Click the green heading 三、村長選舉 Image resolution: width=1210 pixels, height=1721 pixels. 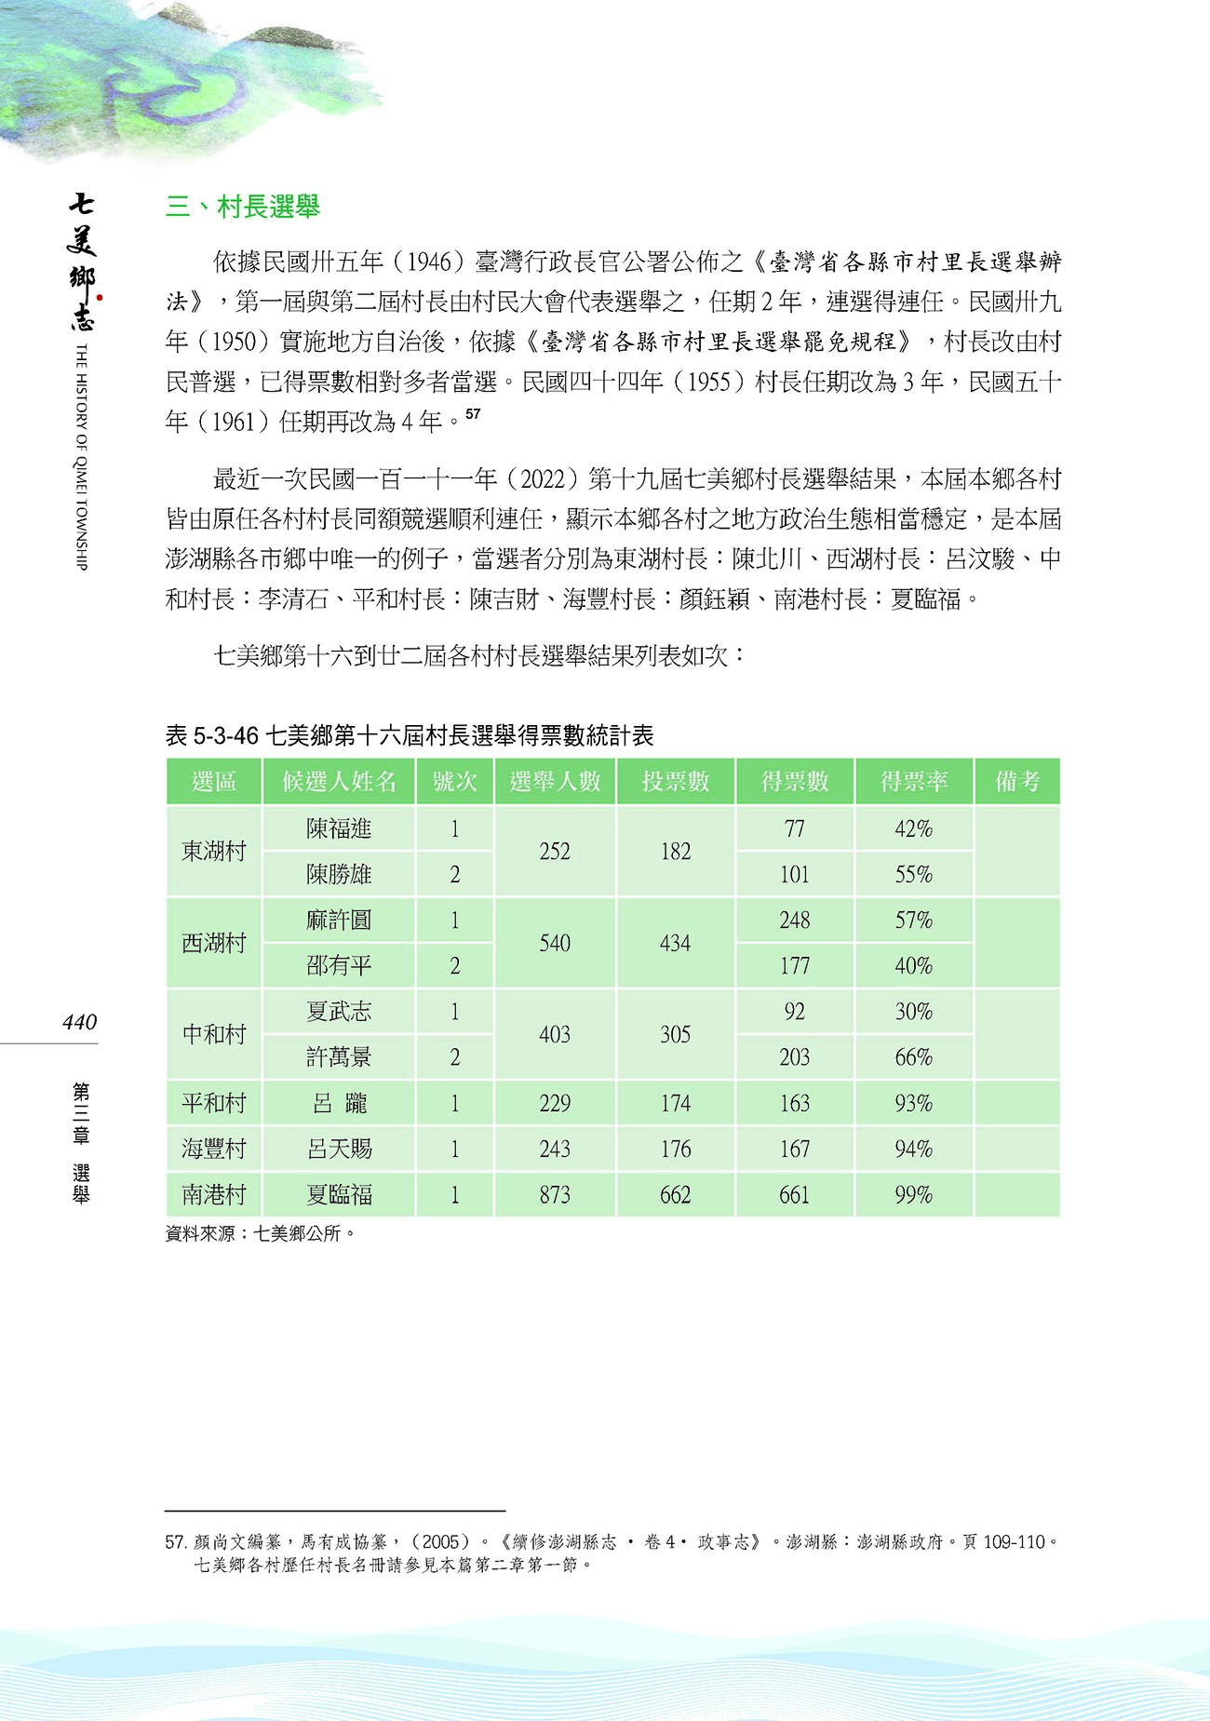coord(243,206)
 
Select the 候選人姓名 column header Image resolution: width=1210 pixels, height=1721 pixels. coord(339,782)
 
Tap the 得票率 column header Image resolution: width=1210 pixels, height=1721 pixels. coord(914,782)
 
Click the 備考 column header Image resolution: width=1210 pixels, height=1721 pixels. coord(1016,782)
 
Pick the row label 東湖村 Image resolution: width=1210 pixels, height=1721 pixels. coord(214,851)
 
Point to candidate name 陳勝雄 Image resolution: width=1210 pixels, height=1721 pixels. coord(339,874)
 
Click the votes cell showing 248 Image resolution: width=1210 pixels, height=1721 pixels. coord(795,920)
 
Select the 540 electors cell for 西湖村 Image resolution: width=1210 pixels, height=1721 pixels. coord(555,943)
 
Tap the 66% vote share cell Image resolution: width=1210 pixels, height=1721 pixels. coord(914,1057)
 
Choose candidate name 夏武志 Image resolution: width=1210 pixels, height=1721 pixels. coord(339,1012)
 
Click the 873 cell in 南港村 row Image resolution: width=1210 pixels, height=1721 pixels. coord(555,1195)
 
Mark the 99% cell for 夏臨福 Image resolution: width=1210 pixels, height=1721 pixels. coord(914,1195)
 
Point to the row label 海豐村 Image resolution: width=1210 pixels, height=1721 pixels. coord(214,1149)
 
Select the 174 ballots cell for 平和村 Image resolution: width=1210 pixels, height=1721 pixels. coord(676,1103)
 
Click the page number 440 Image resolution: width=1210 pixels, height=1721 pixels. coord(79,1022)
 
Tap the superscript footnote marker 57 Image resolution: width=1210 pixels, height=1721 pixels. coord(473,414)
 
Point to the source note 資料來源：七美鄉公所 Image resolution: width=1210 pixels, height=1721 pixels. coord(261,1233)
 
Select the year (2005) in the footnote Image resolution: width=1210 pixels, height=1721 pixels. coord(440,1541)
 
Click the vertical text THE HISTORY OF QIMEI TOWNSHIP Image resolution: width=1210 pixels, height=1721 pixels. coord(81,456)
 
